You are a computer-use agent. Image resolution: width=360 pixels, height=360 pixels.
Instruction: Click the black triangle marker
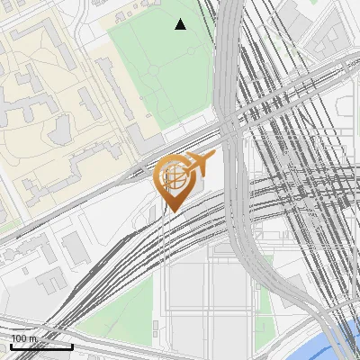pyautogui.click(x=180, y=24)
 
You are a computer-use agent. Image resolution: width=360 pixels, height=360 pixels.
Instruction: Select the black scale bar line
pyautogui.click(x=40, y=346)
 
